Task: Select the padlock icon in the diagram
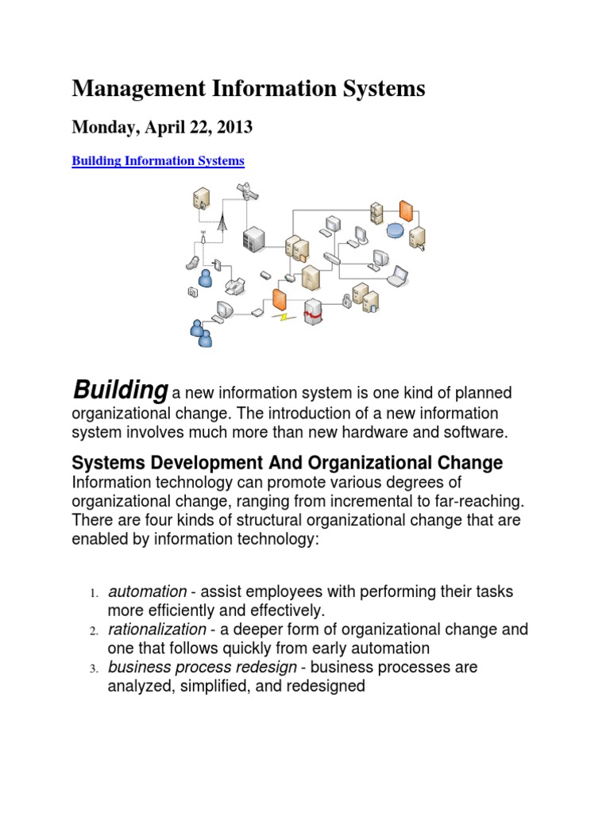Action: click(346, 301)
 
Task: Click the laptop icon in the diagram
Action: click(397, 275)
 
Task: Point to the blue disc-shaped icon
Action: click(395, 230)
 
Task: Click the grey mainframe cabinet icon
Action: click(254, 237)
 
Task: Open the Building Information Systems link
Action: click(158, 161)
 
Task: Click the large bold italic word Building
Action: click(120, 390)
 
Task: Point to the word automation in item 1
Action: click(147, 592)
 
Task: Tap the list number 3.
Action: click(92, 669)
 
